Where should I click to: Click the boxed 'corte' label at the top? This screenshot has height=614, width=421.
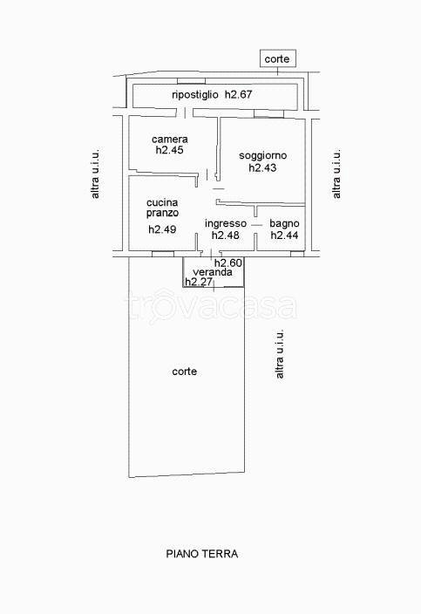tap(277, 58)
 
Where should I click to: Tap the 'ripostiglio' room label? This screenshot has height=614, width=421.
tap(195, 94)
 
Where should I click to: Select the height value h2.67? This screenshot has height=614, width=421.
tap(238, 94)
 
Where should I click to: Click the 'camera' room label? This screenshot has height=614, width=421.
tap(170, 140)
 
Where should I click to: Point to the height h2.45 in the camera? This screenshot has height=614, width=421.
tap(169, 150)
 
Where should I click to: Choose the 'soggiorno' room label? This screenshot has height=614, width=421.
tap(262, 156)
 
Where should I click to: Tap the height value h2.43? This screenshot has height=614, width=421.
tap(262, 167)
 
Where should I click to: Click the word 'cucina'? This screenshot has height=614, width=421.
tap(162, 203)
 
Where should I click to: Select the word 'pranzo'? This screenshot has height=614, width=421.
tap(162, 214)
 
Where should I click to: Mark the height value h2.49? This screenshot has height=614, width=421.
tap(162, 229)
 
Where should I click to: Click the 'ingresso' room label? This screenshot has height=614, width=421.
tap(226, 223)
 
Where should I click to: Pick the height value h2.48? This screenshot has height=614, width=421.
tap(226, 235)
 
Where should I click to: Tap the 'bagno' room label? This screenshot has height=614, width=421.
tap(284, 223)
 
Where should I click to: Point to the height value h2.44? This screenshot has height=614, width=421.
tap(284, 235)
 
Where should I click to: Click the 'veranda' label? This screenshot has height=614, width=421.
tap(213, 272)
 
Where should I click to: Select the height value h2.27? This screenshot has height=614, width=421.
tap(199, 282)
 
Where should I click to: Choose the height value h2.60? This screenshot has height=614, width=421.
tap(228, 263)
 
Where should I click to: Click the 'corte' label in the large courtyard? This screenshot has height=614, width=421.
tap(184, 372)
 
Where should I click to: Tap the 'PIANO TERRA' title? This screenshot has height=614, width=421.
tap(202, 554)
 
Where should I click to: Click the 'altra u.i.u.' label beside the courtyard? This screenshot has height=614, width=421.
tap(280, 354)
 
